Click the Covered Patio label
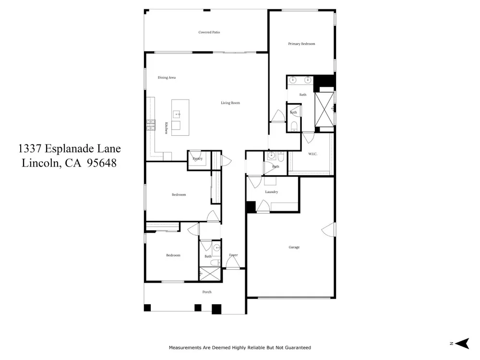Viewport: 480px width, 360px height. pyautogui.click(x=209, y=32)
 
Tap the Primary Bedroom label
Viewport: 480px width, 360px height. pyautogui.click(x=301, y=44)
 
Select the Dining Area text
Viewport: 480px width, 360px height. pyautogui.click(x=167, y=77)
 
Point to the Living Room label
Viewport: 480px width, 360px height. pyautogui.click(x=230, y=103)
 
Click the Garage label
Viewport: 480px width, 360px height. pyautogui.click(x=294, y=247)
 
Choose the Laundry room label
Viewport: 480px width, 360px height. pyautogui.click(x=272, y=192)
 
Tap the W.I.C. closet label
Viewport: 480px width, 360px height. pyautogui.click(x=312, y=154)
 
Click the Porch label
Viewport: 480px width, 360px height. pyautogui.click(x=207, y=292)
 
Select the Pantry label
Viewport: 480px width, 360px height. pyautogui.click(x=197, y=158)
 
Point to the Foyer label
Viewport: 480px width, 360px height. pyautogui.click(x=233, y=255)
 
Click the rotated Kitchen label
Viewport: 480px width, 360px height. pyautogui.click(x=166, y=128)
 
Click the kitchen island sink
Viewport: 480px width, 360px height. pyautogui.click(x=176, y=114)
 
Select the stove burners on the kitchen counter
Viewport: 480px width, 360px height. pyautogui.click(x=151, y=125)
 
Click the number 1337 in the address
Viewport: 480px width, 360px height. pyautogui.click(x=30, y=149)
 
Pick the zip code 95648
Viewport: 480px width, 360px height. pyautogui.click(x=102, y=163)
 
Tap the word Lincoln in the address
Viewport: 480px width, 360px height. pyautogui.click(x=41, y=163)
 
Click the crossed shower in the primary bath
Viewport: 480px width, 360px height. pyautogui.click(x=324, y=109)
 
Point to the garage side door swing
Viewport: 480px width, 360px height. pyautogui.click(x=328, y=229)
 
